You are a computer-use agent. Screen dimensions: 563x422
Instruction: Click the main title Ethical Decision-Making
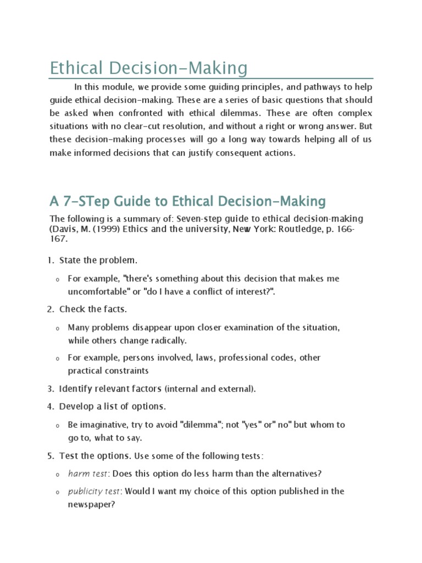(x=148, y=69)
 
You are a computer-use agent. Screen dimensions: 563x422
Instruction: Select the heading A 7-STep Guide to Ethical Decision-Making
(x=187, y=201)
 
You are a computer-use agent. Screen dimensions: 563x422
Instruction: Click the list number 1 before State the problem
(x=49, y=260)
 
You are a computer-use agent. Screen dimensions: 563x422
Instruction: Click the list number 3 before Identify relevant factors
(x=49, y=389)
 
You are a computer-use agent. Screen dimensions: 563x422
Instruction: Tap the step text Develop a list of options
(x=112, y=406)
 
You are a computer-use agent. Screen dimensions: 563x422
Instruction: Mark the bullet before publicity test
(x=57, y=492)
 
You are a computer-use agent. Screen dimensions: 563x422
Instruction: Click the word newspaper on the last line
(x=90, y=504)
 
